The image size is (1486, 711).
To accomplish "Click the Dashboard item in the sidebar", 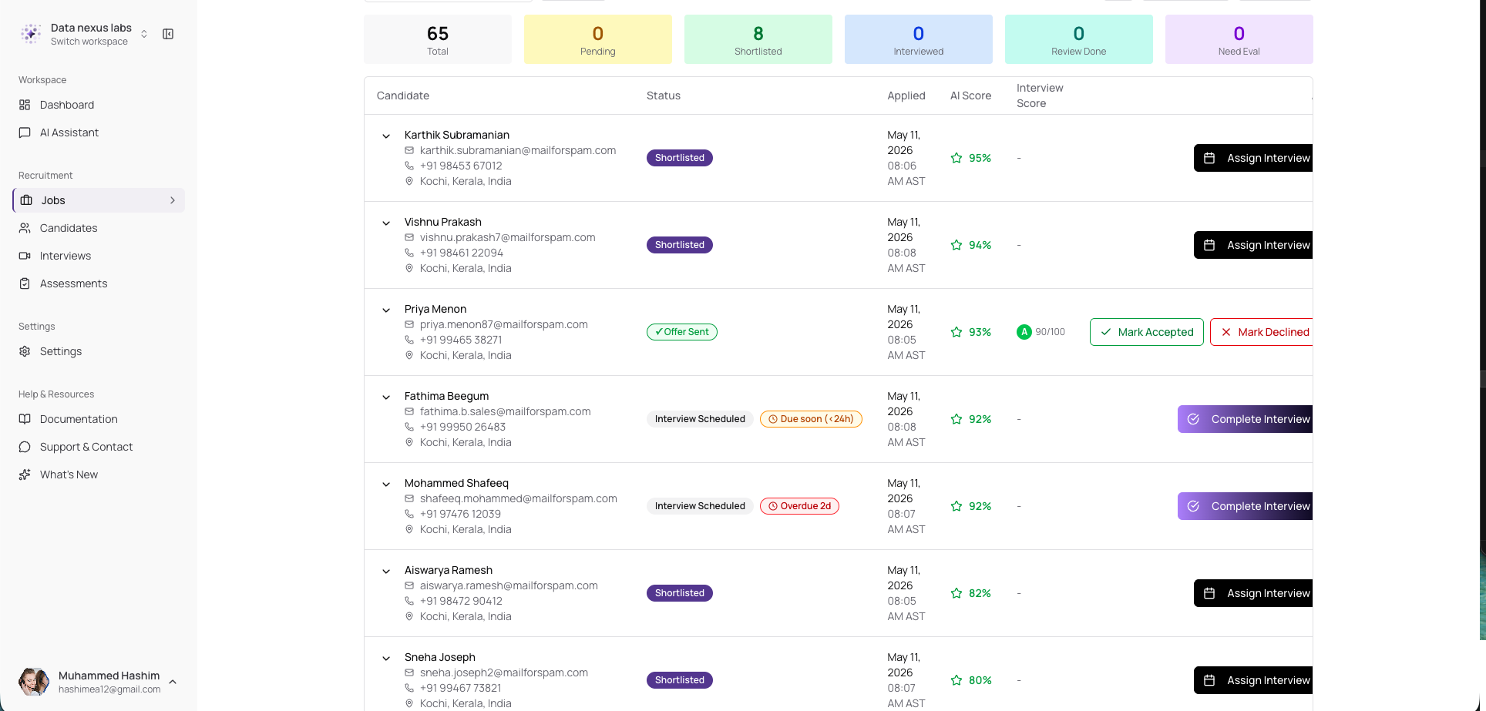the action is (66, 105).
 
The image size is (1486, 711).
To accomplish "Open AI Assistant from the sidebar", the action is (69, 132).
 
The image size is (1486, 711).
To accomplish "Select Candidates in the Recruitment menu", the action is (68, 228).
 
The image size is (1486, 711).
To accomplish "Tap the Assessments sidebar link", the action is (73, 283).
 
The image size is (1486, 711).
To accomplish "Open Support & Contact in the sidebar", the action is (86, 447).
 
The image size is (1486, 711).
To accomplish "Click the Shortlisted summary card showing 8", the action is (758, 39).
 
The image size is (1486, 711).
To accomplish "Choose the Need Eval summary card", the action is (1239, 39).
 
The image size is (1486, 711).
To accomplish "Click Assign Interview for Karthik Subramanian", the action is (1254, 158).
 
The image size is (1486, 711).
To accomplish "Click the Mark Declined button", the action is (1262, 332).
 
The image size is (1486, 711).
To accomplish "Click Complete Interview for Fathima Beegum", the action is (1246, 419).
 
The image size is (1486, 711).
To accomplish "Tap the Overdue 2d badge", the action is (799, 506).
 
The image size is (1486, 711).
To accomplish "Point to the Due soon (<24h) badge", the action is (811, 419).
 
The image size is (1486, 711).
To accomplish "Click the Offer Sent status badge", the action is (682, 332).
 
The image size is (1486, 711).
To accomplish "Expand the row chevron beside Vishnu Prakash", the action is (386, 223).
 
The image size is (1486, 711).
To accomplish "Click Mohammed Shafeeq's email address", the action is (519, 498).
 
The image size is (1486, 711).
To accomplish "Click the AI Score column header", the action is (970, 96).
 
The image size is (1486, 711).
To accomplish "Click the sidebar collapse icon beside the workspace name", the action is (168, 34).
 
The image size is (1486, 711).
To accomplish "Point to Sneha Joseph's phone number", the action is (460, 688).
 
